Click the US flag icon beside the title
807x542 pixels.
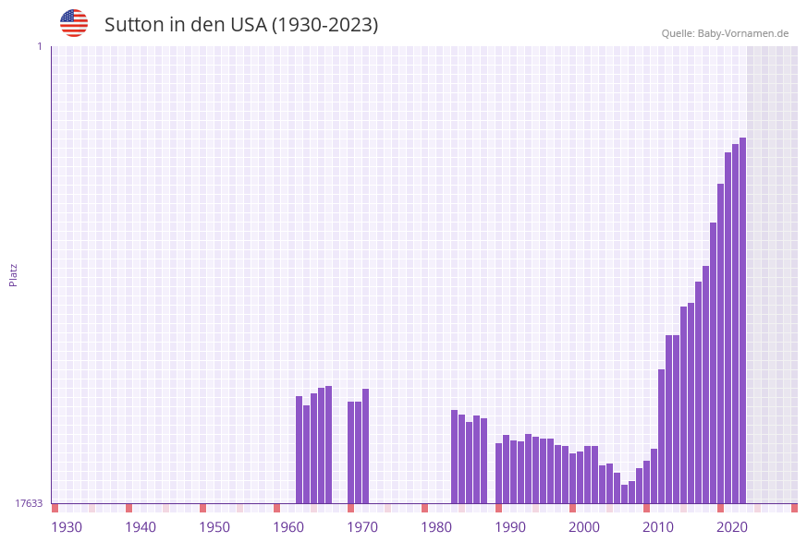point(74,23)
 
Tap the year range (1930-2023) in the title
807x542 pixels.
point(324,25)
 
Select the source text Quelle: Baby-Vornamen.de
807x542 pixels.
point(725,33)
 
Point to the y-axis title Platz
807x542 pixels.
point(13,274)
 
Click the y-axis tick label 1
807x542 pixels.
point(39,46)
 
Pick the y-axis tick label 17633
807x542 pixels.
point(29,503)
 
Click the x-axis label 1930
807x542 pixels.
point(67,527)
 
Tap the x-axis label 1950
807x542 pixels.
point(214,527)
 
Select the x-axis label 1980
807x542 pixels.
point(436,527)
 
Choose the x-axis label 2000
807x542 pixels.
point(584,527)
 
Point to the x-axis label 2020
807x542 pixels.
point(732,527)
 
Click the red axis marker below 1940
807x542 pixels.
point(128,508)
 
